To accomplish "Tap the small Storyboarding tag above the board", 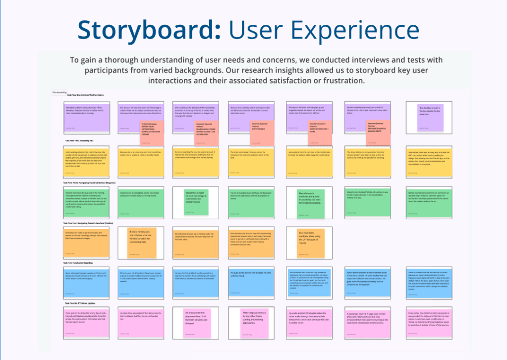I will pos(59,92).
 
